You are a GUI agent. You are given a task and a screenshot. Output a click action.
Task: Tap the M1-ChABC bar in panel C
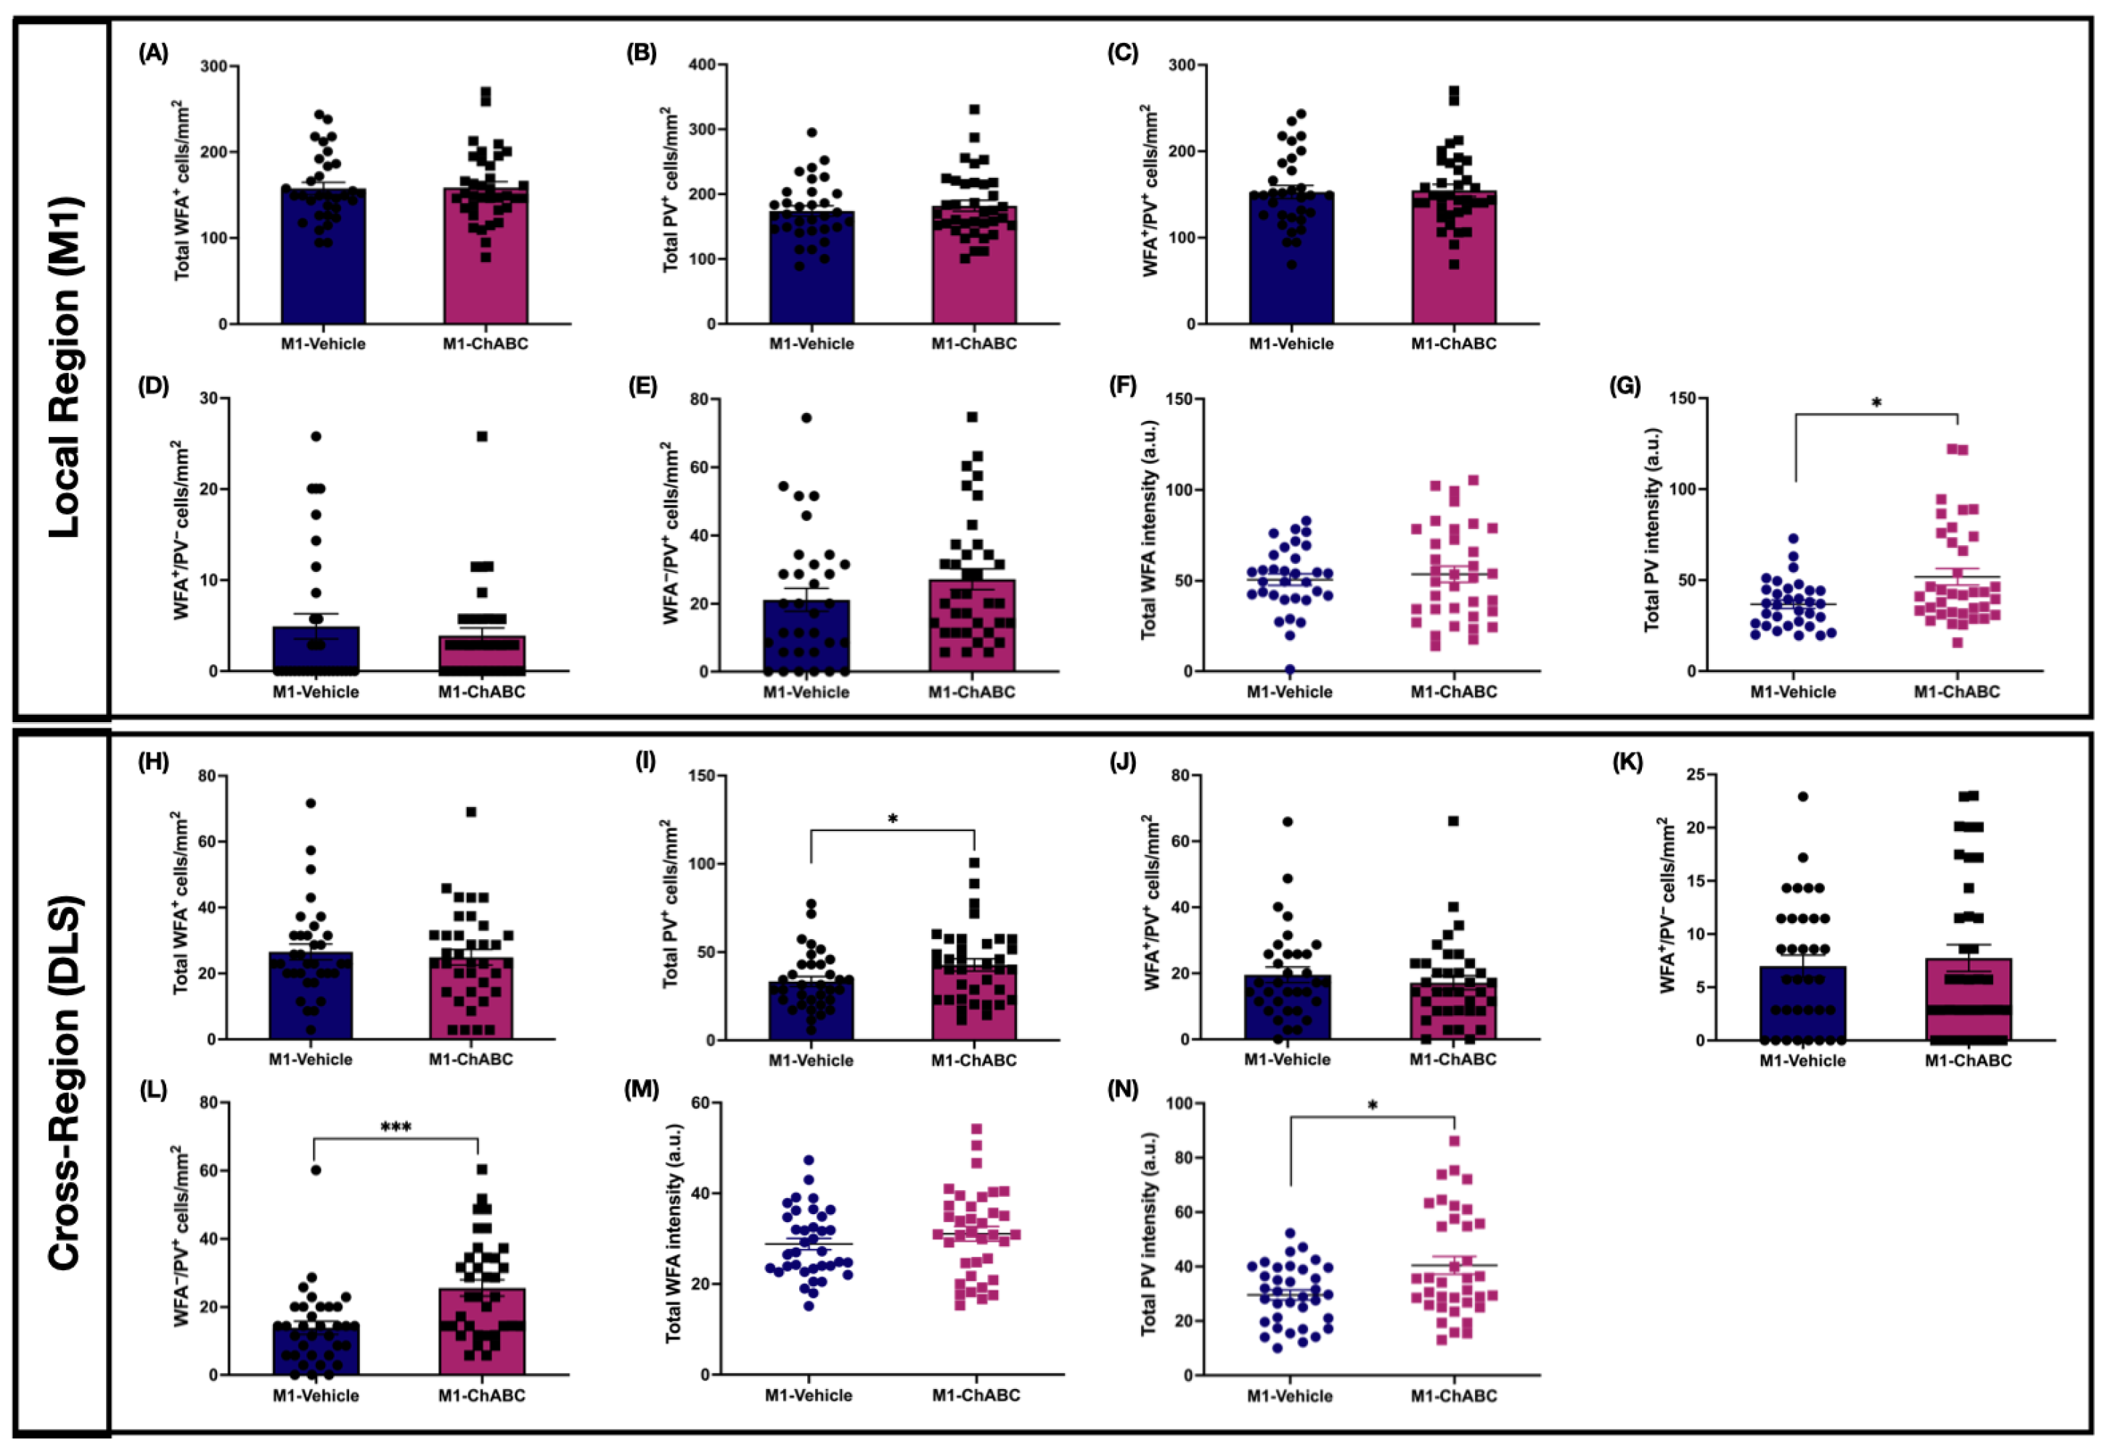click(x=1454, y=257)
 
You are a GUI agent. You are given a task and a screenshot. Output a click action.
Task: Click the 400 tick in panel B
click(x=700, y=65)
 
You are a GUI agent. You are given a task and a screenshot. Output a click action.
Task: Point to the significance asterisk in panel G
click(x=1876, y=403)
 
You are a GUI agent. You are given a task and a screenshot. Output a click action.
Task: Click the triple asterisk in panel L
click(x=396, y=1128)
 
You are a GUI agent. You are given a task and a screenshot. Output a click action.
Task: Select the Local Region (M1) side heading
click(x=64, y=367)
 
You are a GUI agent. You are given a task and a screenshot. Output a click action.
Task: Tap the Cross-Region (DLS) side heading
click(x=64, y=1083)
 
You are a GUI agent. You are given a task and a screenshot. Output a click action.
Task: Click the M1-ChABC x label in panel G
click(x=1957, y=692)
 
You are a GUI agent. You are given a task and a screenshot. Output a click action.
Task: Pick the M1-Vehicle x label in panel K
click(x=1802, y=1060)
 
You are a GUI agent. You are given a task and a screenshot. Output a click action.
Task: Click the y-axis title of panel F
click(x=1148, y=530)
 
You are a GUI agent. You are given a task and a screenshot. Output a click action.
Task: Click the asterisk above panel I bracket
click(x=893, y=819)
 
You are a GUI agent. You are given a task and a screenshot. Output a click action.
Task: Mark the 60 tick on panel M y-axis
click(x=703, y=1103)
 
